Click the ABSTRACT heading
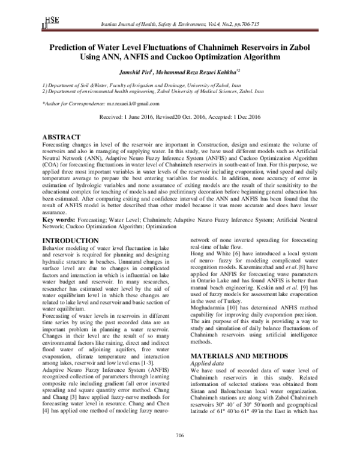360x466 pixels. (62, 137)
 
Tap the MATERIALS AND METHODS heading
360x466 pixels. (228, 339)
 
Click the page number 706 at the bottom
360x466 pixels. (179, 452)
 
